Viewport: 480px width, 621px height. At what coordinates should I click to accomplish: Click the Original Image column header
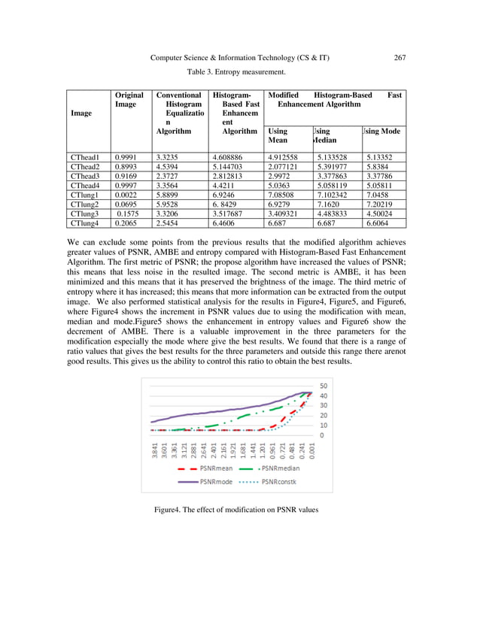pyautogui.click(x=129, y=100)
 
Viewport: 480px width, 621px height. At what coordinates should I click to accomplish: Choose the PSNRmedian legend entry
pyautogui.click(x=269, y=469)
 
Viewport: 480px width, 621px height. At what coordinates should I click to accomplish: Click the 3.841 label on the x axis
pyautogui.click(x=154, y=449)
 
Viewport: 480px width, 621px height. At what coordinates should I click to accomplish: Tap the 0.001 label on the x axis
pyautogui.click(x=311, y=449)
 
